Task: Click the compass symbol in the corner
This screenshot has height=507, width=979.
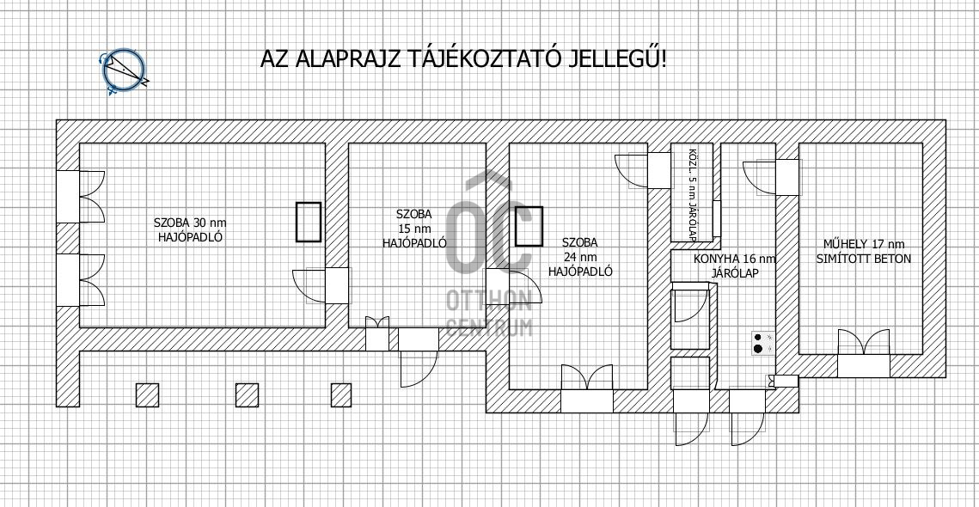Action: (x=125, y=70)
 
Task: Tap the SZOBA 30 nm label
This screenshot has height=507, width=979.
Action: (x=188, y=223)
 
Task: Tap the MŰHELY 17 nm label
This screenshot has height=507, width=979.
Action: (x=864, y=244)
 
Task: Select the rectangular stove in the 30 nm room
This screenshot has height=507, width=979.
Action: (x=309, y=222)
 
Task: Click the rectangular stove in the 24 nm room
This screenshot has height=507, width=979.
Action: (x=529, y=227)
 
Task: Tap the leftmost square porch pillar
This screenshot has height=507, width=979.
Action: (x=147, y=394)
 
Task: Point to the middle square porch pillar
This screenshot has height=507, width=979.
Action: (x=247, y=394)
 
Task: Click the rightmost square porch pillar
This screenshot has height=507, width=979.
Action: (x=341, y=394)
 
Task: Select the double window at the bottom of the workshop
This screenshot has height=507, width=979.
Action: (x=864, y=354)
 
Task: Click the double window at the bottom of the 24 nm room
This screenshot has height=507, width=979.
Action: (x=587, y=388)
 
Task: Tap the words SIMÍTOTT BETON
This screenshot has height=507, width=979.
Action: (x=864, y=259)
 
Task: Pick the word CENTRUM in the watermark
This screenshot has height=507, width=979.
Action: (x=489, y=327)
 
